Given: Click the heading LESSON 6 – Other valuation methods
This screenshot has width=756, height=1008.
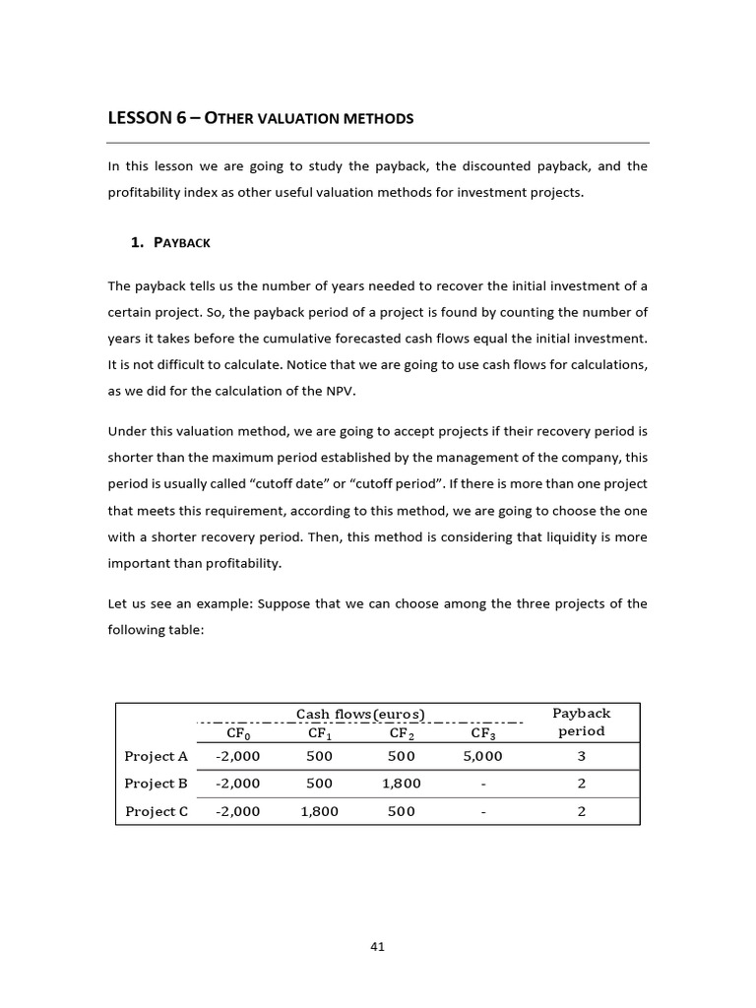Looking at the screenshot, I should [x=260, y=119].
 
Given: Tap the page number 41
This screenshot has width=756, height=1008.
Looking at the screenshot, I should [x=377, y=946].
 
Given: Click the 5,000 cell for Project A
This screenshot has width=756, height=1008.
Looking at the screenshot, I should [x=482, y=756].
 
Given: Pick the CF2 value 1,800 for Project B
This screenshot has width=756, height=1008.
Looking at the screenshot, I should [x=402, y=784].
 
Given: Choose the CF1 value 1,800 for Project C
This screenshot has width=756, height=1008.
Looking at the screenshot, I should [x=320, y=811].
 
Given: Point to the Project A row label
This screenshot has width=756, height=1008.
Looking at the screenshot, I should [x=156, y=756].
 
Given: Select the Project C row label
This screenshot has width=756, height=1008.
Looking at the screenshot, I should [x=156, y=811].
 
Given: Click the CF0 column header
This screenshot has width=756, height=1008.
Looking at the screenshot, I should [x=238, y=732].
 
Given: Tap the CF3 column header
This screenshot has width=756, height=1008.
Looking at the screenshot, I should [x=482, y=732].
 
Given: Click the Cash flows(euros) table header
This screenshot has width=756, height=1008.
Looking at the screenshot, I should [x=360, y=714].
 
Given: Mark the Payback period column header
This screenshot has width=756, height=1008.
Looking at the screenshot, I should [x=581, y=722].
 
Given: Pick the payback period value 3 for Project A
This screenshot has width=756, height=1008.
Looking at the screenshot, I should [x=581, y=756].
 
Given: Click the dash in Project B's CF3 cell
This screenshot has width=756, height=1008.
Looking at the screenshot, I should [x=482, y=784].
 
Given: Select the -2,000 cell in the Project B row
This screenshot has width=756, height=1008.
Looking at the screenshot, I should [x=237, y=784].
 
